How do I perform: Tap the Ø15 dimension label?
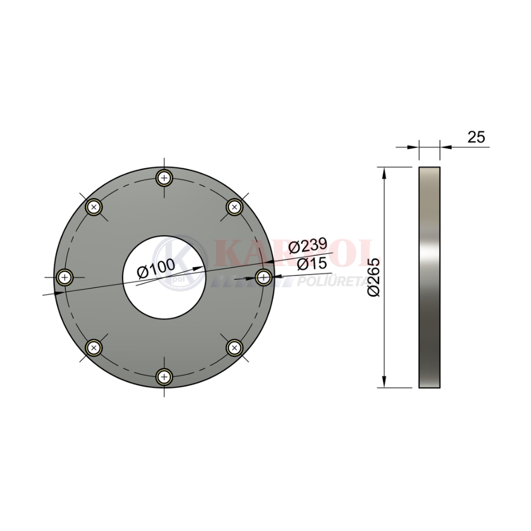point(312,264)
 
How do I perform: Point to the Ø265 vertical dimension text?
point(374,278)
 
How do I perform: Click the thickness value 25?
point(476,137)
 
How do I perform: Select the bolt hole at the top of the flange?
point(164,178)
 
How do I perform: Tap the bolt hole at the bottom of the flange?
point(164,377)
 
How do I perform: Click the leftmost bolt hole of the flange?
point(64,278)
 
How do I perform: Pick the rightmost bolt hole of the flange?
point(264,278)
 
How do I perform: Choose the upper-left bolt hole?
point(94,207)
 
